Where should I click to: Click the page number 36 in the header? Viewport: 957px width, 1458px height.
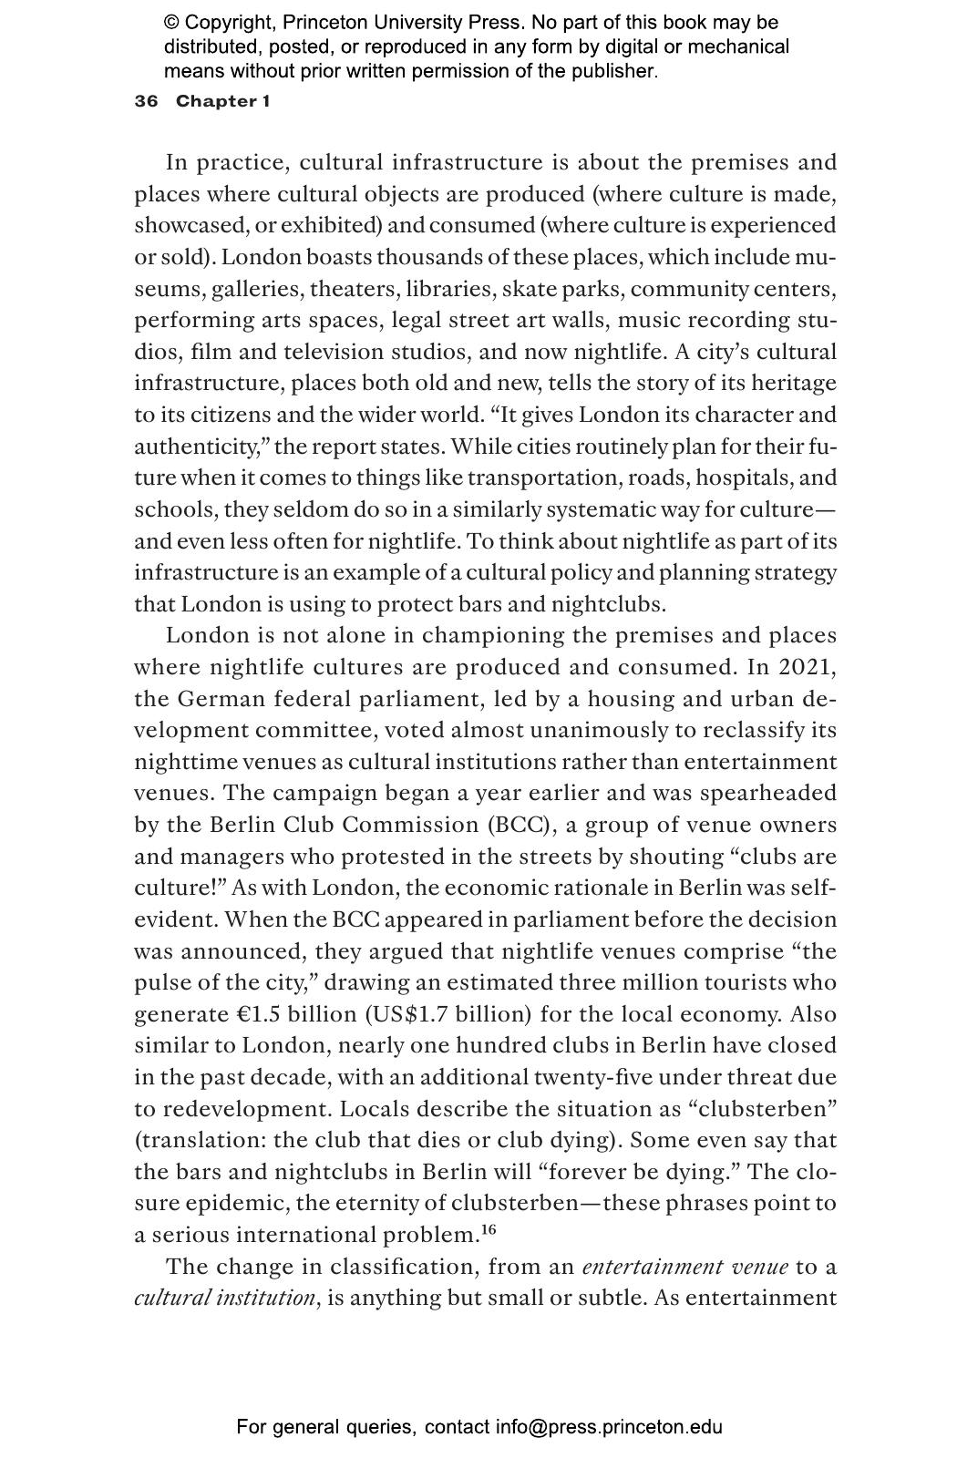coord(146,101)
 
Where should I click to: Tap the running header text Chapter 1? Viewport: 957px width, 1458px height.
coord(222,101)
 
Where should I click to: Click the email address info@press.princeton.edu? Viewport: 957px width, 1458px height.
coord(609,1427)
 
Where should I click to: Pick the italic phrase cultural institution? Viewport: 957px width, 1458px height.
coord(224,1298)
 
